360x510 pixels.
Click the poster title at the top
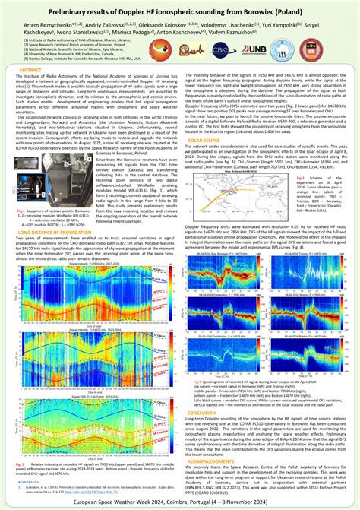coord(180,13)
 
